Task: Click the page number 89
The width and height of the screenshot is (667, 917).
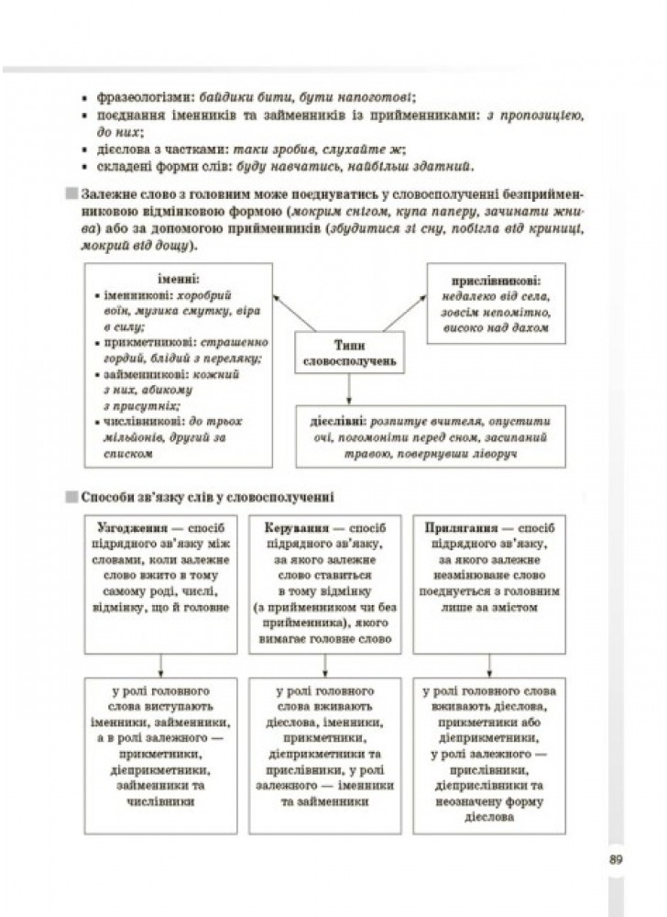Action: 616,859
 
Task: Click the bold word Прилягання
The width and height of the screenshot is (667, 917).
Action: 465,529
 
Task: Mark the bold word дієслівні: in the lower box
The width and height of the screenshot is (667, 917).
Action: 336,422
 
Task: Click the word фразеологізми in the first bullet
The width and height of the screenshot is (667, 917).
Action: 138,96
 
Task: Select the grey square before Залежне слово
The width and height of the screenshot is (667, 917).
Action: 71,195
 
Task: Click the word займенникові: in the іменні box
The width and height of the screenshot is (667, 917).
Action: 142,374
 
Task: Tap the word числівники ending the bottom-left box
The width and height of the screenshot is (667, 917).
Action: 161,800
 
